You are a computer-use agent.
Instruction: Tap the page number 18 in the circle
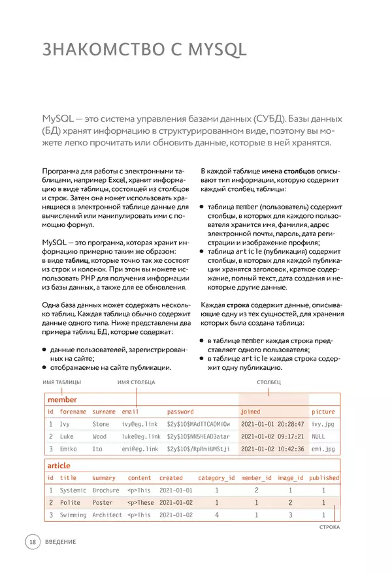[32, 542]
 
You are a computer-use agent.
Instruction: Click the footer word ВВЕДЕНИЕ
[61, 542]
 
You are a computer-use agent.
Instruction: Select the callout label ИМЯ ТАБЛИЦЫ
[61, 382]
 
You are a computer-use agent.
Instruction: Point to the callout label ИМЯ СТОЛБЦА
[135, 382]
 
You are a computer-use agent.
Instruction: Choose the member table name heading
[61, 399]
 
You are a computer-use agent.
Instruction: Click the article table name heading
[59, 466]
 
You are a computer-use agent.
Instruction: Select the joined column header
[250, 412]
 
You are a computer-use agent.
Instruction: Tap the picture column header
[323, 412]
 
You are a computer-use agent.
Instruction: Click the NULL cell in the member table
[318, 436]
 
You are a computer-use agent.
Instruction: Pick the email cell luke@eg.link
[140, 436]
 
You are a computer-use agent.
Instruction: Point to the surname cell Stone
[101, 424]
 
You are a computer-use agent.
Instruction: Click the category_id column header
[216, 477]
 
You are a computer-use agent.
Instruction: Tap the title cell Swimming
[73, 515]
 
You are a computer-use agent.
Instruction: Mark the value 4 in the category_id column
[217, 515]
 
